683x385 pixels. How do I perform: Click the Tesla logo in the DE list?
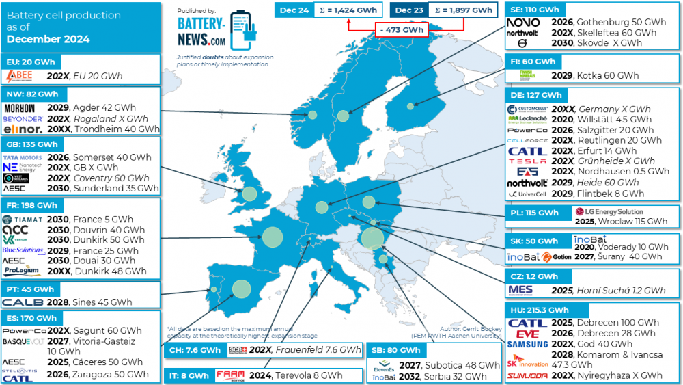click(x=527, y=161)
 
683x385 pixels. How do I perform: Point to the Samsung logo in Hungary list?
click(x=527, y=344)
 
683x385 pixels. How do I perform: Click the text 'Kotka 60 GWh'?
click(x=607, y=75)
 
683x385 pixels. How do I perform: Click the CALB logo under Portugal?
click(x=23, y=302)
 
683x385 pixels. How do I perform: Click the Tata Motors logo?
click(x=23, y=157)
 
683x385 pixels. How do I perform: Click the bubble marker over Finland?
click(x=410, y=106)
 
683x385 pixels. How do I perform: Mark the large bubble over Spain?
click(x=241, y=289)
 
